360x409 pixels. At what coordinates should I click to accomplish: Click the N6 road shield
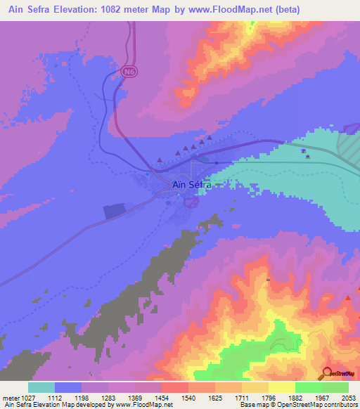[x=127, y=72]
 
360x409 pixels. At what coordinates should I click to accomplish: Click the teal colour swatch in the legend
[x=41, y=387]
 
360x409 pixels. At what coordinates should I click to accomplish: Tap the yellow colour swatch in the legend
[x=282, y=387]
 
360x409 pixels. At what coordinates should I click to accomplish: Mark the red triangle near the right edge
[x=347, y=299]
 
